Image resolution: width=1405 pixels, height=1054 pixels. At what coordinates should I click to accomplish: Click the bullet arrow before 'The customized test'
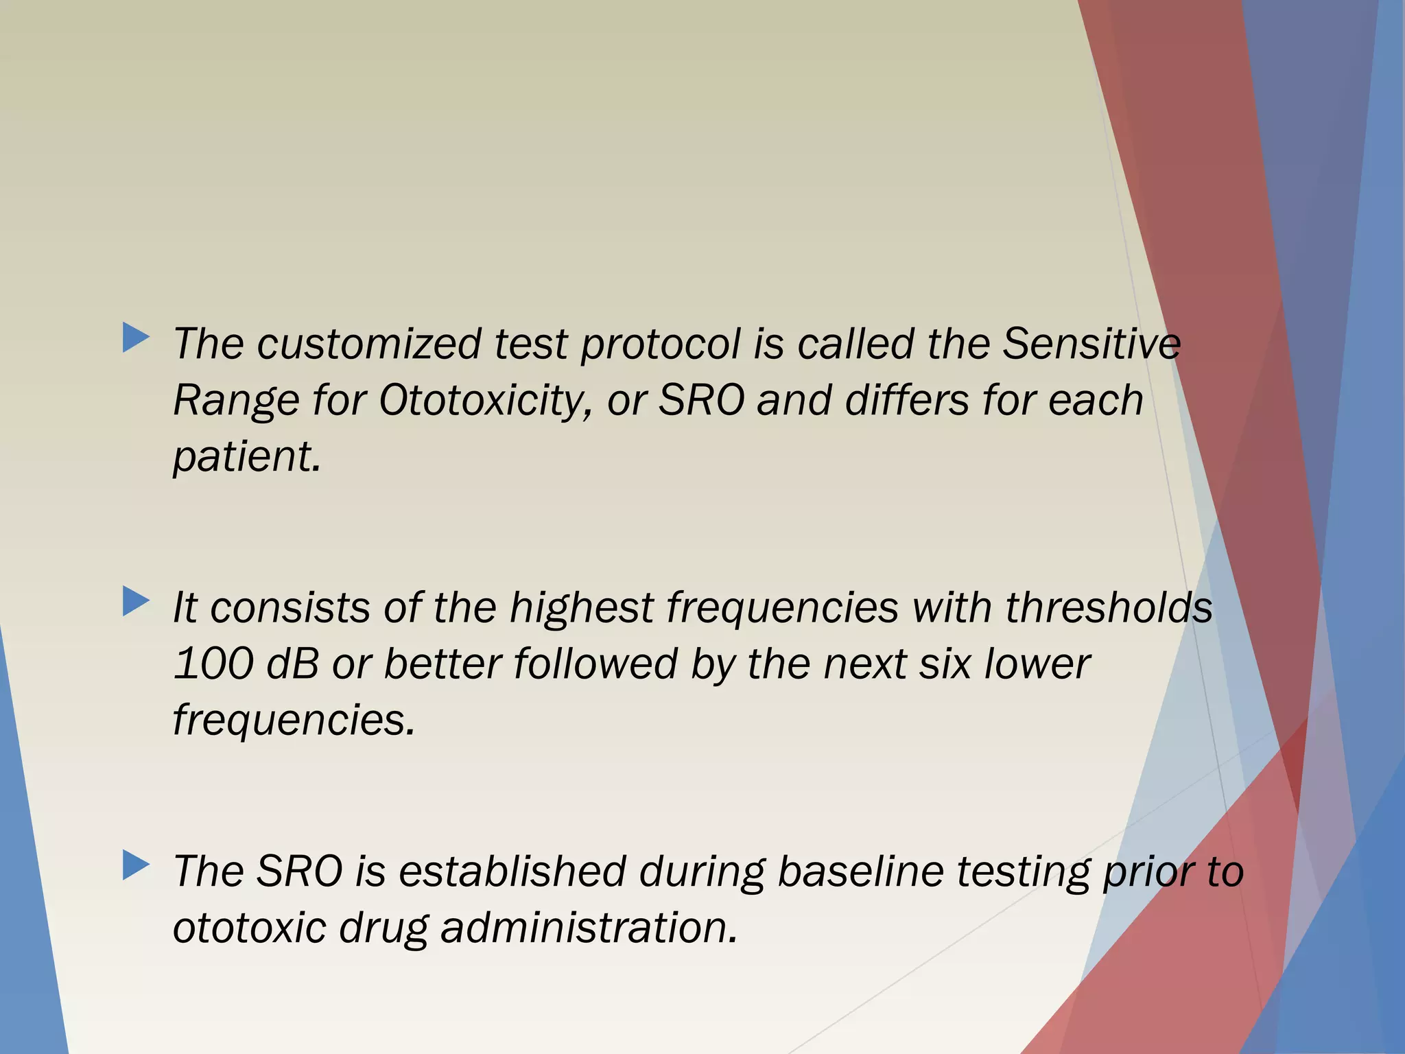pos(136,338)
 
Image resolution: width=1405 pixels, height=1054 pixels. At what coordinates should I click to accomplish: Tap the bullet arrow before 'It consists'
pos(136,602)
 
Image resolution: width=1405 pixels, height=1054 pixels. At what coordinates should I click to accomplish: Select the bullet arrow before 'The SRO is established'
pos(136,865)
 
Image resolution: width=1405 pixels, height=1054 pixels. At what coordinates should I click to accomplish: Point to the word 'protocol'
pos(661,344)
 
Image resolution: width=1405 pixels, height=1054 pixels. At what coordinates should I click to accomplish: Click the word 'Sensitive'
pos(1091,344)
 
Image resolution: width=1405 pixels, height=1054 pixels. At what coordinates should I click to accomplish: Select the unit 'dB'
pos(293,664)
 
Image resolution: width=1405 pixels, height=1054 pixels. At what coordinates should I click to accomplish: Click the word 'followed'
pos(595,664)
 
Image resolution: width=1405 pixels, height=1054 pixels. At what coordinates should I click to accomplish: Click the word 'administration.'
pos(589,928)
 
